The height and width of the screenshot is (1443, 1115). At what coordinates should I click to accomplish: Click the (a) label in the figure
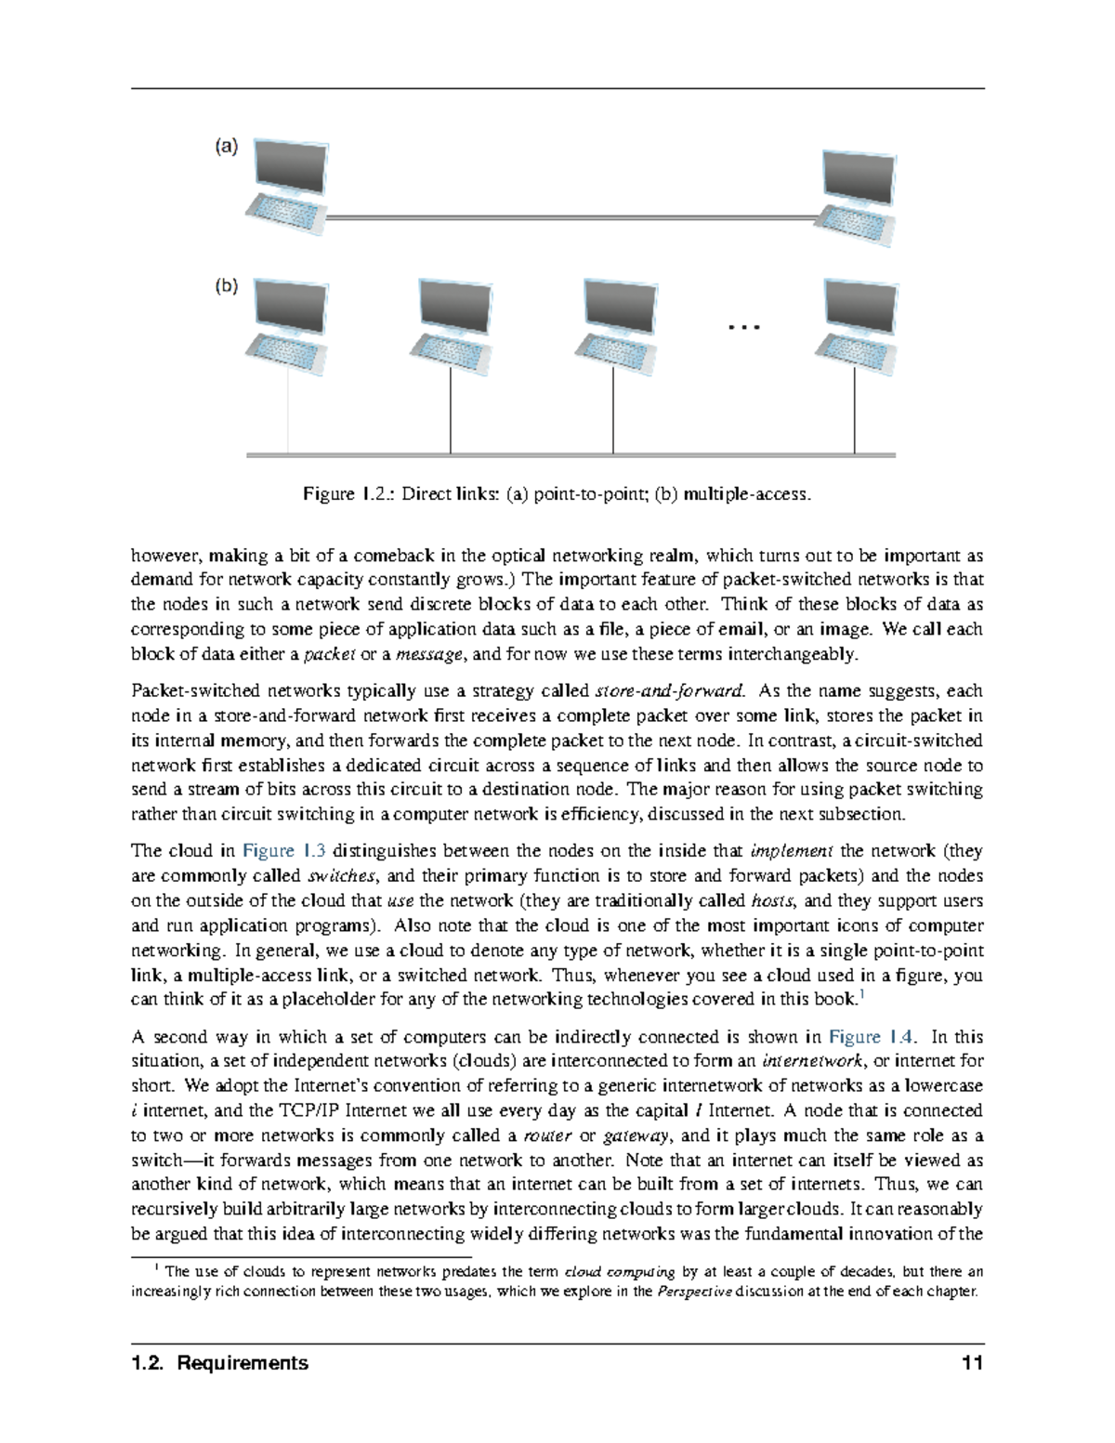(227, 146)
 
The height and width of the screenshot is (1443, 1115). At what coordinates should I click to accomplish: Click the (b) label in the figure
(227, 286)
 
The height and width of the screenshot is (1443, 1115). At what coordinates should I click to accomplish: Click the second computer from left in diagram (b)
(452, 321)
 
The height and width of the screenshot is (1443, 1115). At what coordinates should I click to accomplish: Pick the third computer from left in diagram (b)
(614, 321)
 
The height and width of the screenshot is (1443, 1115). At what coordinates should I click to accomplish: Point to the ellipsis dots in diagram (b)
(744, 327)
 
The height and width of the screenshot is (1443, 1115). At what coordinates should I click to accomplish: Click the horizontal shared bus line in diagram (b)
(571, 455)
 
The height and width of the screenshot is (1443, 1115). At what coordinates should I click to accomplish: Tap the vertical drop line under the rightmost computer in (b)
(855, 409)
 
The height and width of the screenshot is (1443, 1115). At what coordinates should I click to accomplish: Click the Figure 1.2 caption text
(557, 494)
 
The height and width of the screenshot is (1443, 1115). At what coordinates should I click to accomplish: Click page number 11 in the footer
(973, 1363)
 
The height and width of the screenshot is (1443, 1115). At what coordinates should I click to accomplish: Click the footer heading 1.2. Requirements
(220, 1363)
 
